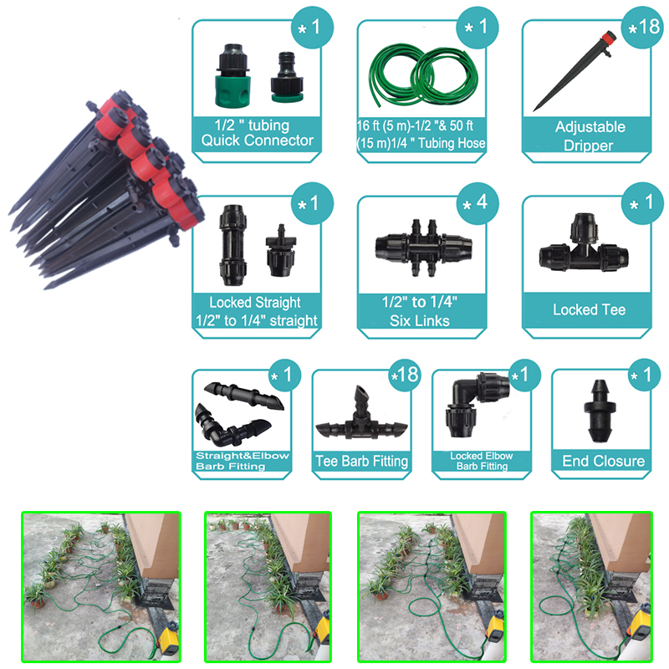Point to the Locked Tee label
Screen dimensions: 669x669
(x=588, y=309)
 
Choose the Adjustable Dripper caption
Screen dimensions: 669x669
(x=590, y=136)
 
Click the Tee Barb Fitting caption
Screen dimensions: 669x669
(x=361, y=461)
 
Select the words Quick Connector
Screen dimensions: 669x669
(x=257, y=140)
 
